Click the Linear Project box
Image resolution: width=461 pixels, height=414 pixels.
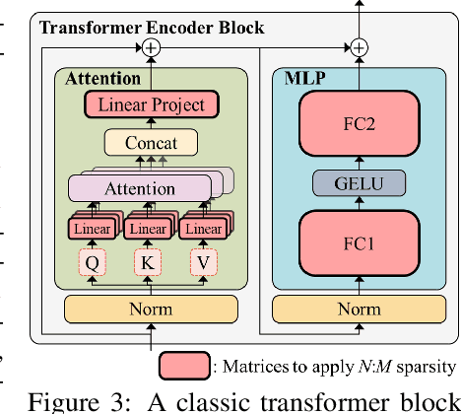point(151,104)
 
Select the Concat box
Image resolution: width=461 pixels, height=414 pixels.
point(152,143)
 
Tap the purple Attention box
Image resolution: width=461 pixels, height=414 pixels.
point(139,187)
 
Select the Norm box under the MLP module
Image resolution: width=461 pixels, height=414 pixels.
point(359,309)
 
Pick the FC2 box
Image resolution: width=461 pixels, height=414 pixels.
point(359,126)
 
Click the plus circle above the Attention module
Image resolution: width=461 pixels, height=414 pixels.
point(151,47)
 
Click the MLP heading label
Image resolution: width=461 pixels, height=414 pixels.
point(306,77)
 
